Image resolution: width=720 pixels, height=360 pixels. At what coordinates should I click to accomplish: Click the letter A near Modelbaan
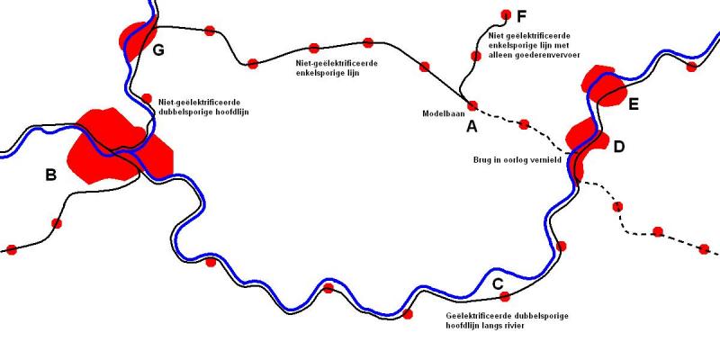click(472, 126)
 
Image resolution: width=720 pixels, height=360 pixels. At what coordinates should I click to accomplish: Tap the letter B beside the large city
click(51, 175)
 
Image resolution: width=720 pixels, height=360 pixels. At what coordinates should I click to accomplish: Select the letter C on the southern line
click(498, 284)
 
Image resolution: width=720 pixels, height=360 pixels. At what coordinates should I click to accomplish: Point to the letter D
click(619, 147)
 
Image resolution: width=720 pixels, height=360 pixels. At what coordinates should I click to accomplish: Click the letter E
click(634, 104)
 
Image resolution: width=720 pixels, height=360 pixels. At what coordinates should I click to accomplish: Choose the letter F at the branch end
click(521, 17)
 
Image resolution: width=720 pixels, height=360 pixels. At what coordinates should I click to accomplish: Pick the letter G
click(158, 50)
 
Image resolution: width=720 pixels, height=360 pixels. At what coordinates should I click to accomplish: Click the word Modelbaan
click(444, 113)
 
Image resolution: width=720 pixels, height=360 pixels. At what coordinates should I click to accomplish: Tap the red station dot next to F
click(506, 14)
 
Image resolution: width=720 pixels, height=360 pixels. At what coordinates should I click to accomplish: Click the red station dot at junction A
click(472, 105)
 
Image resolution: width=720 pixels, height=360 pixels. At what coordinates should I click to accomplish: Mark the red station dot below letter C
click(505, 297)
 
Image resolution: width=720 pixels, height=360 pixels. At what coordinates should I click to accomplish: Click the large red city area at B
click(115, 147)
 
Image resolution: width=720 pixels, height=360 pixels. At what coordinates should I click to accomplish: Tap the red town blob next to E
click(603, 86)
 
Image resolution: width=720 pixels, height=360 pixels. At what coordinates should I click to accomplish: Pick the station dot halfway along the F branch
click(476, 56)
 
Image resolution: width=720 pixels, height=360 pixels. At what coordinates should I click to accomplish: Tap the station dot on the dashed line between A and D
click(524, 124)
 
